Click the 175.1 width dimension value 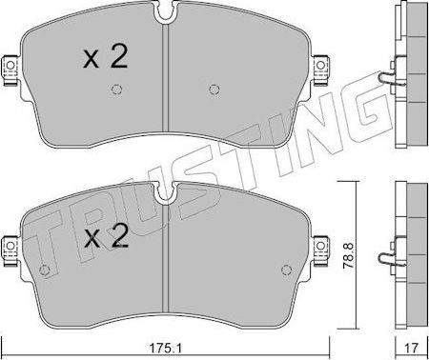pos(165,349)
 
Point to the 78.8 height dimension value pos(348,255)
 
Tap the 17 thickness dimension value pos(412,349)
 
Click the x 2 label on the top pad pos(105,56)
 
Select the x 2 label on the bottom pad pos(106,236)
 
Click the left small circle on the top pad pos(116,90)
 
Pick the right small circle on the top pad pos(214,90)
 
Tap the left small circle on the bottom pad pos(44,270)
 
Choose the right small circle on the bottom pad pos(287,270)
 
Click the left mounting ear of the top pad pos(11,70)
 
